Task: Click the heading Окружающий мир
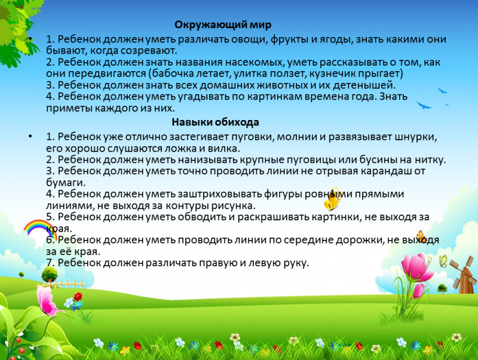coord(223,25)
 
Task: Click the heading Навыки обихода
coord(215,122)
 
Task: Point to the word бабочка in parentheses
coord(172,74)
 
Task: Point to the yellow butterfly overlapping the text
coord(332,199)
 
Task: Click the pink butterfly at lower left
coord(47,300)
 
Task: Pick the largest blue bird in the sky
coord(424,106)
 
